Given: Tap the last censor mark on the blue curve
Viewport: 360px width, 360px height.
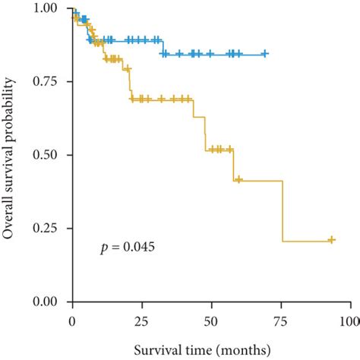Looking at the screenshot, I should tap(264, 53).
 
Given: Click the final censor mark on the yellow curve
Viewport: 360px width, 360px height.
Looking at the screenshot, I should tap(331, 240).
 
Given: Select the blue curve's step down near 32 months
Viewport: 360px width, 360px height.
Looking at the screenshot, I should tap(162, 46).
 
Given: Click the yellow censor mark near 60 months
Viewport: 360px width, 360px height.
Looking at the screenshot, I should tap(238, 180).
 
